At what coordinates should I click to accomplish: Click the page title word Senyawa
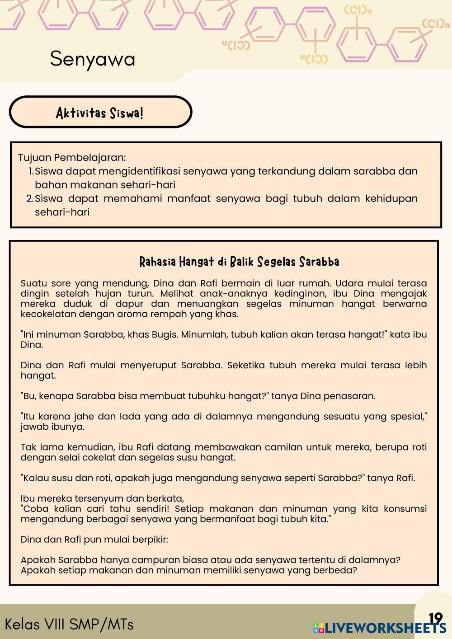click(93, 59)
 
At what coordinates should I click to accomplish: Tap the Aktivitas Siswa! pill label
click(100, 113)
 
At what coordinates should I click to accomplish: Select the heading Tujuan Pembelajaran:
click(72, 158)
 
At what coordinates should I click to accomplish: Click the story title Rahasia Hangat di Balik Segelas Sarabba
click(239, 262)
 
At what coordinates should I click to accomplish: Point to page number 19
click(435, 618)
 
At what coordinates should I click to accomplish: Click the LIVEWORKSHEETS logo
click(380, 628)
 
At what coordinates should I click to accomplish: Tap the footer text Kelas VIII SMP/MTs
click(69, 624)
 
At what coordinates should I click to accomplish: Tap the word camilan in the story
click(283, 447)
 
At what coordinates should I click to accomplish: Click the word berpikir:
click(150, 540)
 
